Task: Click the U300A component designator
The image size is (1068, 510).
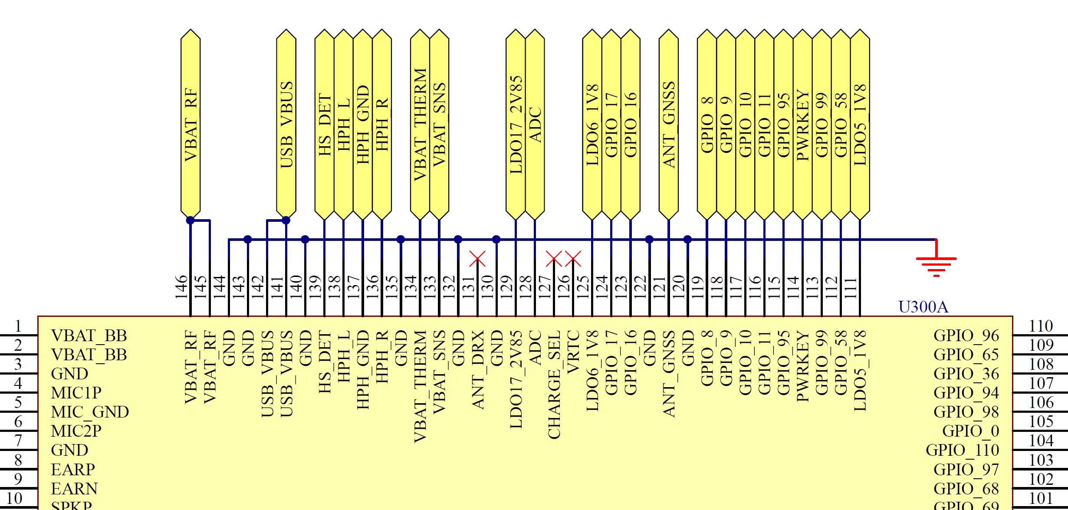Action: [x=923, y=307]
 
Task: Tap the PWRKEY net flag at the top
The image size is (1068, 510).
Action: [x=802, y=125]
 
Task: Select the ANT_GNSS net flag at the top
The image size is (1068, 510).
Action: [x=669, y=125]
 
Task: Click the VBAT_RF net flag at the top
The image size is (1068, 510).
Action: [x=191, y=125]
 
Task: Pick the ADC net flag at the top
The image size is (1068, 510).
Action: [x=535, y=125]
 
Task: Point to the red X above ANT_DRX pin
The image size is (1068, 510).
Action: [x=477, y=259]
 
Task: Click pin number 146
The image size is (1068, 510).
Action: [x=181, y=287]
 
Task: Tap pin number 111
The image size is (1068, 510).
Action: [x=851, y=287]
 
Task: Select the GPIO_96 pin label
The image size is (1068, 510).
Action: [x=966, y=336]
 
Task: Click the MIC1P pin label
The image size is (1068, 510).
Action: [x=76, y=393]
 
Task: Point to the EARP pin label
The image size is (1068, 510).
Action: [x=72, y=470]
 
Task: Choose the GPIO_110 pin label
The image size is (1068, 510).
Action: [x=962, y=451]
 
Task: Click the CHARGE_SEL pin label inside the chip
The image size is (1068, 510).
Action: [x=554, y=384]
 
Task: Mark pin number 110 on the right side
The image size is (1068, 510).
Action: [x=1041, y=326]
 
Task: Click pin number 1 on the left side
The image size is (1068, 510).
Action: [x=18, y=326]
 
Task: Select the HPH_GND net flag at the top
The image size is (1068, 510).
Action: [x=363, y=125]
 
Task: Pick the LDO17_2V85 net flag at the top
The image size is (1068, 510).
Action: [x=516, y=125]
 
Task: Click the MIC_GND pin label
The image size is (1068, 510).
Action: [x=89, y=412]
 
